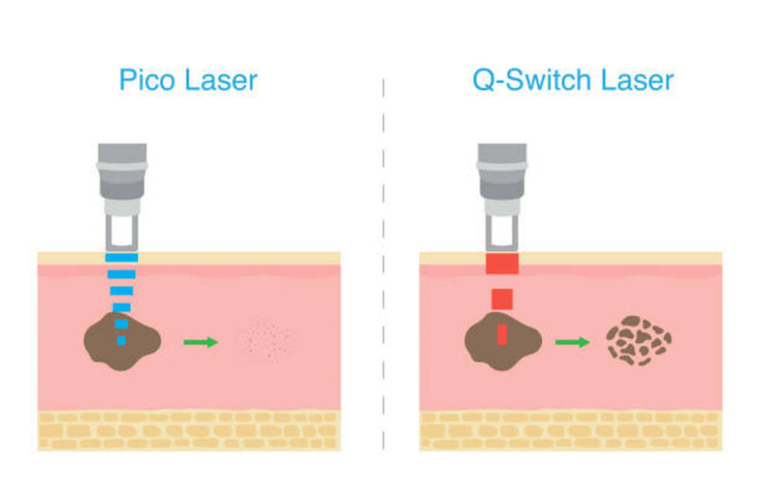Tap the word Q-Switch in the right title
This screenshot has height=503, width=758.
click(526, 79)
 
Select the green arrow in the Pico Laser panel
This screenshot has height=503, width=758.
click(201, 342)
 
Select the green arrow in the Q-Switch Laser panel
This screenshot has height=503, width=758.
click(572, 342)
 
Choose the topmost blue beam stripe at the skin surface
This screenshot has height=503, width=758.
click(121, 258)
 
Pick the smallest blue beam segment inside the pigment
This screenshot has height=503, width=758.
click(121, 341)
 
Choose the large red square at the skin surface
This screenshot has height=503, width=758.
click(502, 262)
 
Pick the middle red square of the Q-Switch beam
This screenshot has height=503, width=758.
click(502, 299)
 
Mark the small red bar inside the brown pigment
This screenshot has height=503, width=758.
click(502, 334)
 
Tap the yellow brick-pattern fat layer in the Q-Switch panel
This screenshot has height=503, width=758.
click(570, 431)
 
